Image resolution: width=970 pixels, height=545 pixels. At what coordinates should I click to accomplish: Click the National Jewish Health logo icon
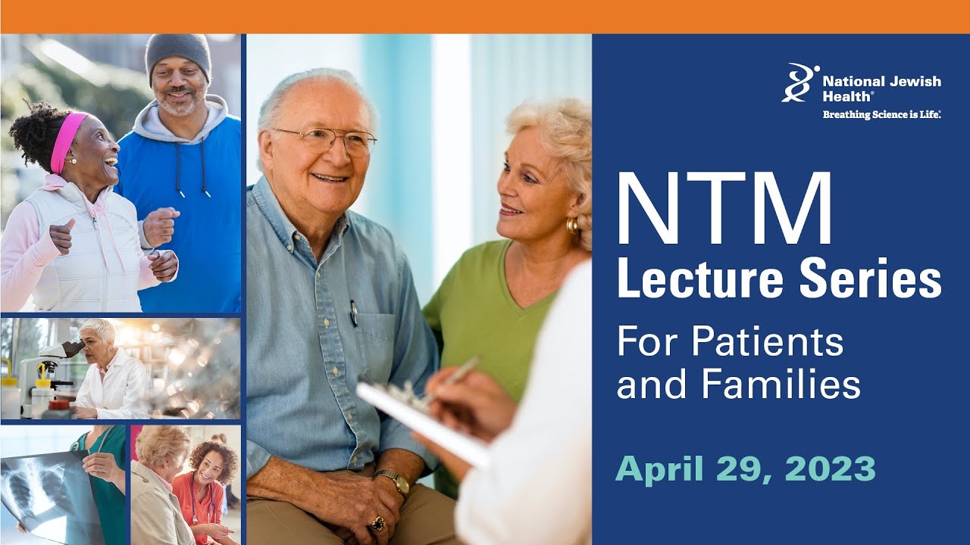click(799, 83)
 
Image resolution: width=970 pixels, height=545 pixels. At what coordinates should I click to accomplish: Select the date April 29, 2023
click(745, 469)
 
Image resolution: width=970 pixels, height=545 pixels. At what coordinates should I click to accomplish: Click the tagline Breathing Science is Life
click(881, 114)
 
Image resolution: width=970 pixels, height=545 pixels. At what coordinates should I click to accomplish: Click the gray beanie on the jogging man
click(178, 53)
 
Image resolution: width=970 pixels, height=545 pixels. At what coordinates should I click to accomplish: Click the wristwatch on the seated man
click(393, 481)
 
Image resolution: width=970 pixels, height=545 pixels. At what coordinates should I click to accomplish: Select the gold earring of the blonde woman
click(572, 224)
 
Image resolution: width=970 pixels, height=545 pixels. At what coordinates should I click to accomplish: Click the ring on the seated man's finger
click(377, 523)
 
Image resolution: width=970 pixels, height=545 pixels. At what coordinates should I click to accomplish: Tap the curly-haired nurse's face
click(209, 463)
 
